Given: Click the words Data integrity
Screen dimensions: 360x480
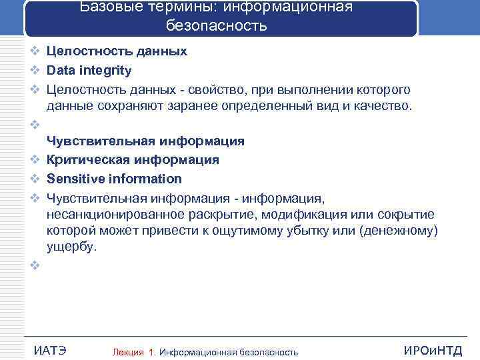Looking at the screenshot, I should [x=89, y=71].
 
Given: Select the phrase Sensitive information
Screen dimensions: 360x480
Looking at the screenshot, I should [x=113, y=179].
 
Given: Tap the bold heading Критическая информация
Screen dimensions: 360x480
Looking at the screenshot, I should [x=133, y=160].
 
